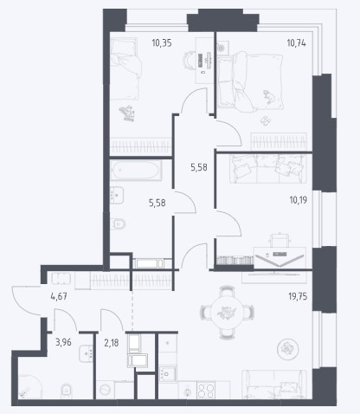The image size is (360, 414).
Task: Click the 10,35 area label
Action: [x=162, y=43]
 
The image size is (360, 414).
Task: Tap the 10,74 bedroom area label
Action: [x=296, y=43]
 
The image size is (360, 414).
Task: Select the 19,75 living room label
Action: [x=298, y=296]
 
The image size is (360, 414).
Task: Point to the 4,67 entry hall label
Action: [x=59, y=296]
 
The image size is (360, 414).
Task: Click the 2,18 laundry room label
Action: [x=111, y=343]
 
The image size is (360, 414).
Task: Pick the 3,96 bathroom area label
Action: [x=63, y=343]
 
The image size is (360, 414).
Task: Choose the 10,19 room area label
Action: [x=299, y=200]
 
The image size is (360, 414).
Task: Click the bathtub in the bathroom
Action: [x=136, y=171]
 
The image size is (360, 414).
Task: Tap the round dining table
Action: [x=228, y=313]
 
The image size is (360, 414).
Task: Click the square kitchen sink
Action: [x=168, y=374]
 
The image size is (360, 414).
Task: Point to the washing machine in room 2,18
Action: [x=105, y=390]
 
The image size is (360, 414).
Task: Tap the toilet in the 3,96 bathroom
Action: [x=66, y=391]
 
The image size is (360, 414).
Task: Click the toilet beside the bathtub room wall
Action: [x=118, y=223]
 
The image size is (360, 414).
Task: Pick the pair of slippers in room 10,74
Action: [x=265, y=120]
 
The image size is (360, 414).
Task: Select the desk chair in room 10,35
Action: [x=190, y=60]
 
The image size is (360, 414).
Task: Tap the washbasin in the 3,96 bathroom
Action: [x=86, y=353]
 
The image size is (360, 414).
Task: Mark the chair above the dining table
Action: [x=227, y=290]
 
